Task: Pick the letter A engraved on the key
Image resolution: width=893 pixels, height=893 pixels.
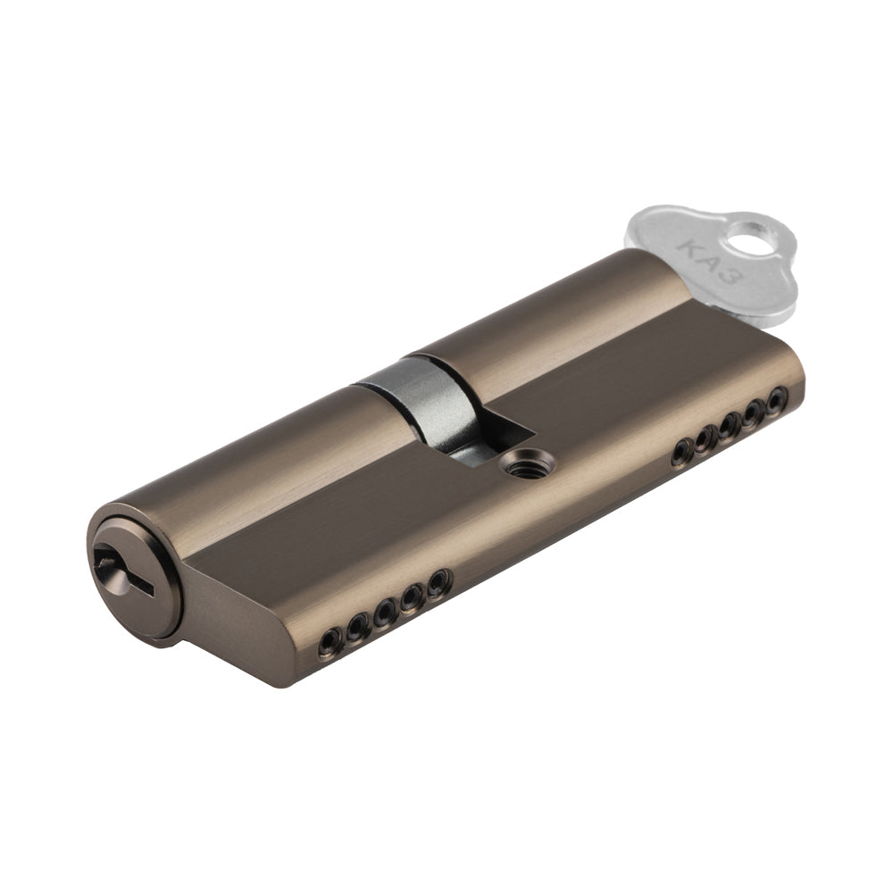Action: (x=710, y=263)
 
